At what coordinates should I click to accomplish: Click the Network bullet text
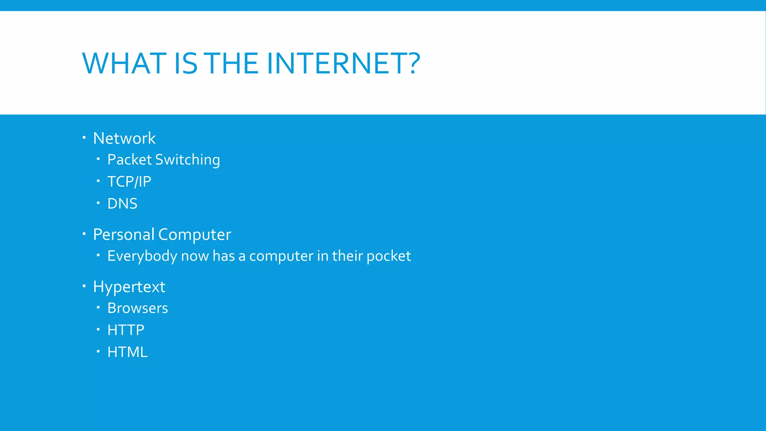[x=124, y=138]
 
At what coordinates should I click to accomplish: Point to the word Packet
[x=129, y=160]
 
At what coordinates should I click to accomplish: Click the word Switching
[x=187, y=160]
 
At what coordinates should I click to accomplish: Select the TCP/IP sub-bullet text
[x=129, y=182]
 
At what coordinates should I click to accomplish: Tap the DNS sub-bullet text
[x=122, y=204]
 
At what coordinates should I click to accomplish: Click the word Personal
[x=123, y=235]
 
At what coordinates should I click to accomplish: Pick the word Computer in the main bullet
[x=194, y=235]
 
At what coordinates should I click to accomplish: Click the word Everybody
[x=142, y=256]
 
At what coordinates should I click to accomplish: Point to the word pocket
[x=389, y=256]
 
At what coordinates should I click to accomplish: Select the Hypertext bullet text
[x=129, y=287]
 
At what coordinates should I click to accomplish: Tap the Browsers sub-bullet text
[x=138, y=308]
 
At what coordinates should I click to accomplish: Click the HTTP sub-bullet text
[x=126, y=330]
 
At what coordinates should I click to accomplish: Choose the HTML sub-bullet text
[x=128, y=352]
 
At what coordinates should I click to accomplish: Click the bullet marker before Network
[x=84, y=137]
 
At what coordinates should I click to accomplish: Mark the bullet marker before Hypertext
[x=84, y=286]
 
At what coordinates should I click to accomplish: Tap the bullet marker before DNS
[x=98, y=203]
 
